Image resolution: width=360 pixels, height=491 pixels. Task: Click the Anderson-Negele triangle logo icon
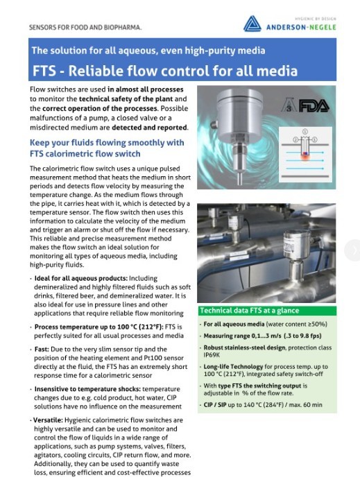[x=252, y=25]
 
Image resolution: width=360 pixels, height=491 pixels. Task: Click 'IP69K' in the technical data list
[x=213, y=354]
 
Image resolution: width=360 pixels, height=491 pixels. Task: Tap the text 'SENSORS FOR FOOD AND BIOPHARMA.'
[x=85, y=28]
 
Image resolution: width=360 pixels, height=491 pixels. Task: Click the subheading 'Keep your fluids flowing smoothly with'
[x=106, y=143]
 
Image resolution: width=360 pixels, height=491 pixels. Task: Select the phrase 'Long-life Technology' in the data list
[x=230, y=367]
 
